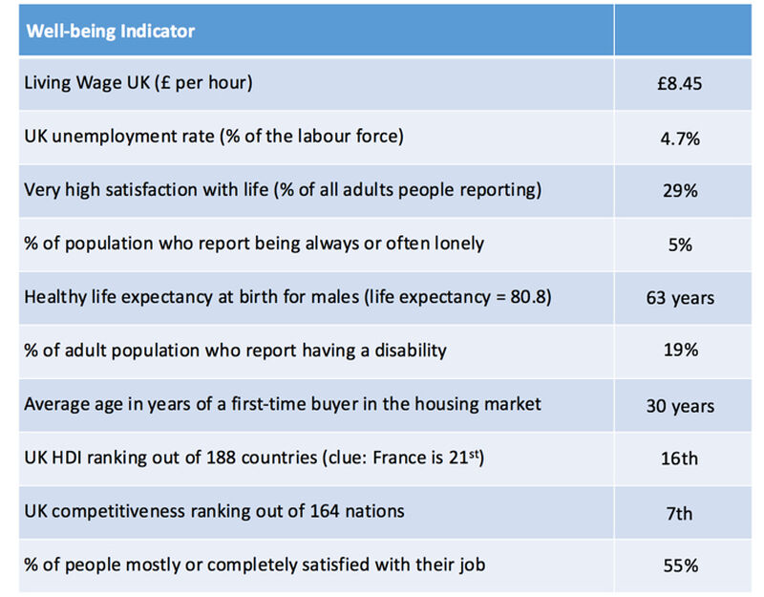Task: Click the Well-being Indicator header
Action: click(x=110, y=31)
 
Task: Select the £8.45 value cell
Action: click(x=680, y=84)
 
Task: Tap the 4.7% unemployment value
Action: click(x=680, y=138)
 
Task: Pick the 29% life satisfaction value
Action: click(x=680, y=191)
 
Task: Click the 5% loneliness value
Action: click(x=680, y=245)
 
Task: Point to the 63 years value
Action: click(x=680, y=298)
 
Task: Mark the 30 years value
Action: click(x=680, y=406)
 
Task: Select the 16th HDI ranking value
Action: click(x=680, y=459)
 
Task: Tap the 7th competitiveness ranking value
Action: click(x=680, y=513)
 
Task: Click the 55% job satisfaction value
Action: click(x=680, y=566)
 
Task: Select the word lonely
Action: click(x=458, y=243)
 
